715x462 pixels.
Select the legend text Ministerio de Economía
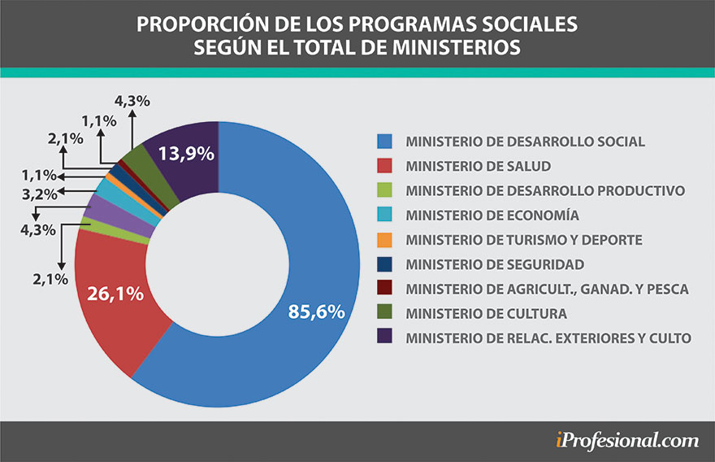click(492, 216)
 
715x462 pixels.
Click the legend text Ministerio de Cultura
click(487, 313)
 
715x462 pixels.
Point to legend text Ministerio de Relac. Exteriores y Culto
click(548, 338)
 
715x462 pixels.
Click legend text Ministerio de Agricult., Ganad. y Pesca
click(547, 289)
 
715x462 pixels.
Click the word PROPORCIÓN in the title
click(194, 24)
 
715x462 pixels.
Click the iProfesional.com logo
click(627, 441)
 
